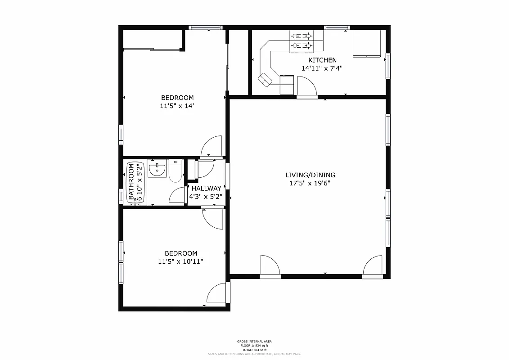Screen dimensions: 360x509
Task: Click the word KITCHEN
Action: coord(322,60)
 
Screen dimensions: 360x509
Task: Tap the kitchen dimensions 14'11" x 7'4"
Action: coord(322,69)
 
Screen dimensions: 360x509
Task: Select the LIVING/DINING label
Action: coord(310,175)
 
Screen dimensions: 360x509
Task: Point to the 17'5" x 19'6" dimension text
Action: coord(310,184)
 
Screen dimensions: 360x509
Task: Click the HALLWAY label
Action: coord(206,189)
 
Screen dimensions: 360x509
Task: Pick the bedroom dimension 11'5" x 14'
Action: coord(177,106)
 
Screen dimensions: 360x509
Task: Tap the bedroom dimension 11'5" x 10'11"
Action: coord(180,261)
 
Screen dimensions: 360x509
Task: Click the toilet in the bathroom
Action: coord(175,170)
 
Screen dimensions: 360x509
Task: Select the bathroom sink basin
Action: coord(157,170)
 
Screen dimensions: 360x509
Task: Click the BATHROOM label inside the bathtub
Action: coord(131,182)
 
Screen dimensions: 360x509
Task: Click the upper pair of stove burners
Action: coord(301,36)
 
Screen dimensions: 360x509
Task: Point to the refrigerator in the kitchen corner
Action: coord(367,44)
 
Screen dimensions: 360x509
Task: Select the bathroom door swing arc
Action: coord(177,195)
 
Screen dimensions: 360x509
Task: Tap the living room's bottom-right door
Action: coord(373,265)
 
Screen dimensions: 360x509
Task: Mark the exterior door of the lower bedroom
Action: coord(217,293)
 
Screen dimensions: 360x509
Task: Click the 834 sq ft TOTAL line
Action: coord(254,350)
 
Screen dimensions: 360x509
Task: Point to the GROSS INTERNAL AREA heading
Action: coord(254,342)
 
